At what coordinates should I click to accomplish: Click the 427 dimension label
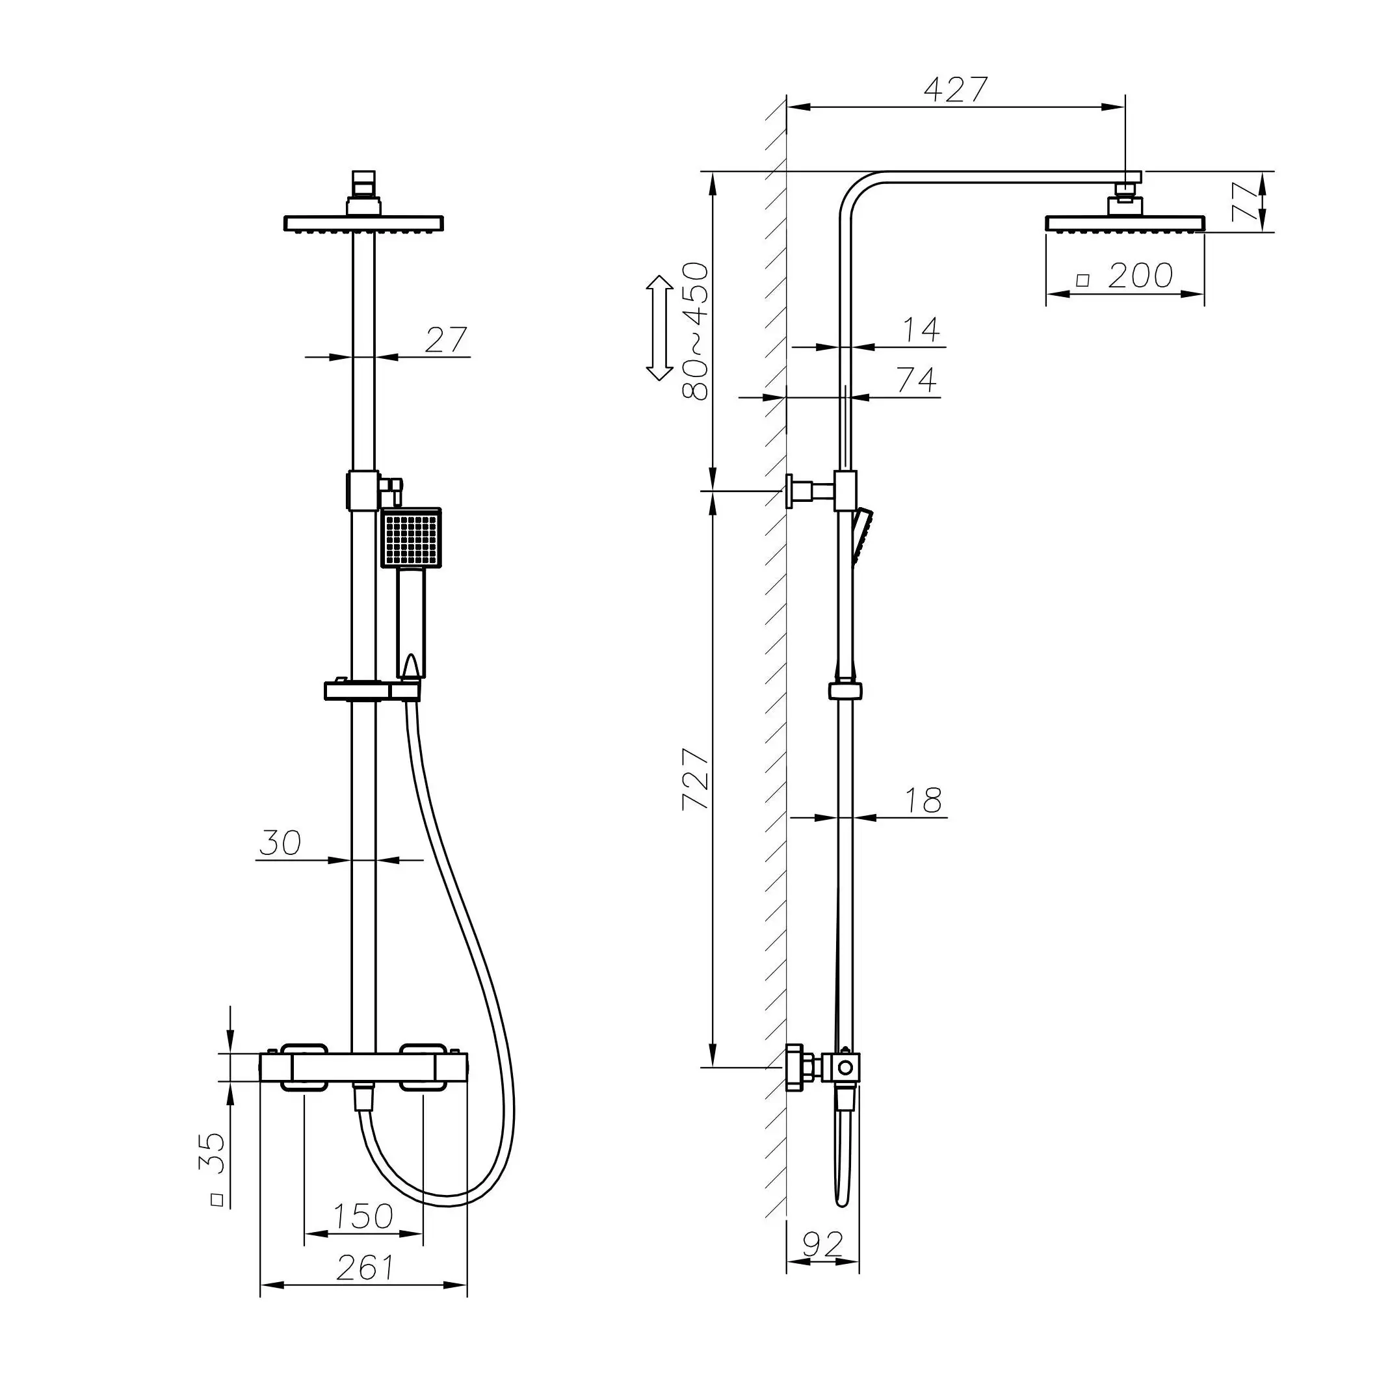956,90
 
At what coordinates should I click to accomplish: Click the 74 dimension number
917,380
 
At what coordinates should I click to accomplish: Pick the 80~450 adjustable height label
695,332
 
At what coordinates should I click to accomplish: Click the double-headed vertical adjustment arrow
657,328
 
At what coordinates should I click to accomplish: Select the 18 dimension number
923,801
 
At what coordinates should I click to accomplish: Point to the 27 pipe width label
445,340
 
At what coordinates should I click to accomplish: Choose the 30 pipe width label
280,843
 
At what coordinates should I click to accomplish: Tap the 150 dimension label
363,1216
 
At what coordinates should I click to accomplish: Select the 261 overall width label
365,1268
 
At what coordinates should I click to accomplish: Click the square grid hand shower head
410,538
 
